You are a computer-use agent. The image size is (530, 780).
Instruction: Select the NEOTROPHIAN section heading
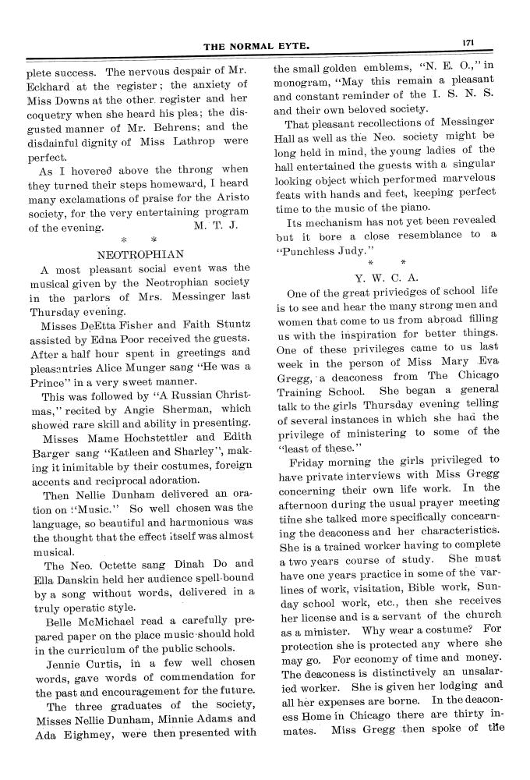(x=140, y=253)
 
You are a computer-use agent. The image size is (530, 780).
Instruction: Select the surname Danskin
(x=82, y=578)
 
